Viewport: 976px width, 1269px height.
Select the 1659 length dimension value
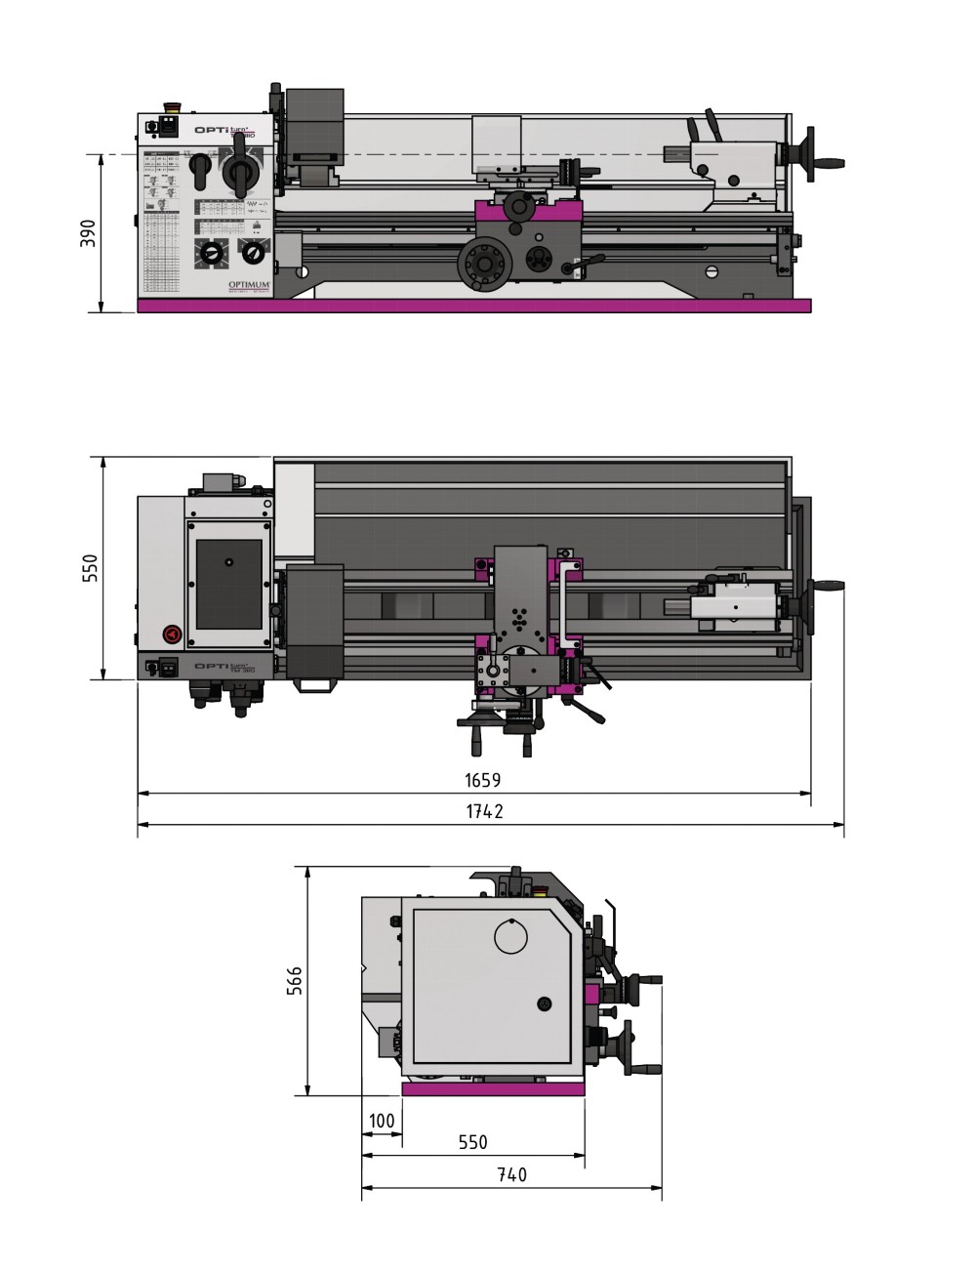coord(482,780)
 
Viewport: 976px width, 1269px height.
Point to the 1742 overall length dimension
coord(484,811)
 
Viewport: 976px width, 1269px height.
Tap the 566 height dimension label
coord(295,980)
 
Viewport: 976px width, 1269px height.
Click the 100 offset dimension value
coord(382,1120)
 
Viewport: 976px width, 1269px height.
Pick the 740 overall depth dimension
coord(511,1174)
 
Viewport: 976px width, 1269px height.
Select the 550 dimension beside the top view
coord(90,568)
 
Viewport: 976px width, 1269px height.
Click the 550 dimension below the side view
coord(472,1142)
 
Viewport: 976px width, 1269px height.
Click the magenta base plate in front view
coord(473,307)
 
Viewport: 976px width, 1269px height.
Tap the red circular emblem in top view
coord(171,634)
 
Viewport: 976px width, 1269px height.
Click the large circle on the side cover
coord(510,938)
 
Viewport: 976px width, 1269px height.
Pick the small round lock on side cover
coord(544,1003)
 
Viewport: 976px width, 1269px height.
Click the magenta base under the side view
coord(493,1089)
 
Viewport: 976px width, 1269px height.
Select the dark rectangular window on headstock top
coord(229,585)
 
